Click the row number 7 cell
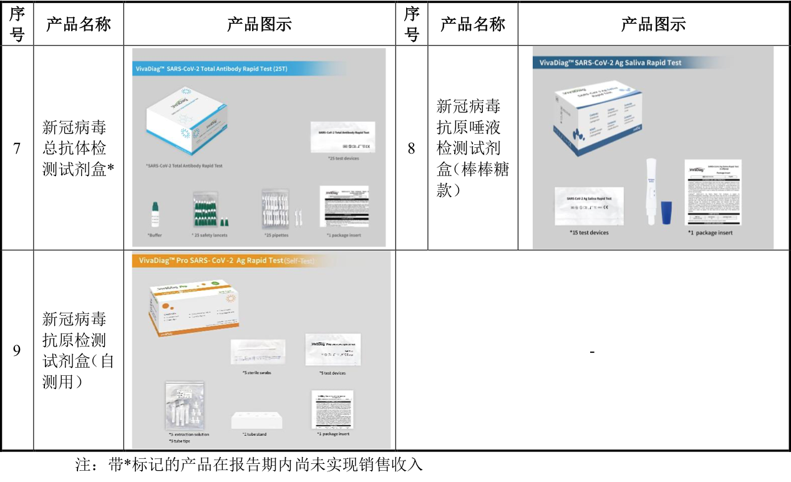point(17,149)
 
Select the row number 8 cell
point(411,149)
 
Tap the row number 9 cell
point(17,350)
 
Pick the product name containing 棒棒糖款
point(472,149)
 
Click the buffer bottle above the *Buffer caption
point(155,215)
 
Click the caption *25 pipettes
point(277,235)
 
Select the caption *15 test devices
point(590,232)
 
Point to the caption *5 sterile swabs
point(257,373)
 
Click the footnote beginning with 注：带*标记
point(250,466)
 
